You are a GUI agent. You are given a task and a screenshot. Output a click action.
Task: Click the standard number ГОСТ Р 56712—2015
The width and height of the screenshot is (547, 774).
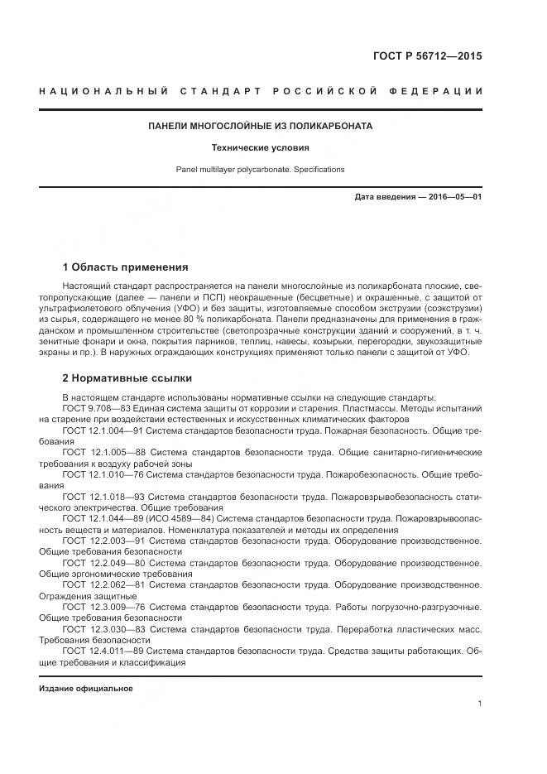click(428, 56)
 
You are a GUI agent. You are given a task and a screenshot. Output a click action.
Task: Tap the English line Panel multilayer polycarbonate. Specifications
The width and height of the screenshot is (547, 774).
click(260, 169)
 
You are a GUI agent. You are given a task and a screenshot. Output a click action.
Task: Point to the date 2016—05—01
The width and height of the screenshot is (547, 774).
click(453, 197)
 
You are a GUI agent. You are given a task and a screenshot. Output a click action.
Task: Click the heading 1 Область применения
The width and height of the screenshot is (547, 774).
click(126, 267)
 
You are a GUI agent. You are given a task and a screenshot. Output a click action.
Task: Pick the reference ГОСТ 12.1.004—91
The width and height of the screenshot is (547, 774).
click(104, 431)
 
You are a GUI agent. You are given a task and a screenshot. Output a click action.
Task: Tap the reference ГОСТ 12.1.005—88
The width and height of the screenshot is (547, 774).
click(104, 453)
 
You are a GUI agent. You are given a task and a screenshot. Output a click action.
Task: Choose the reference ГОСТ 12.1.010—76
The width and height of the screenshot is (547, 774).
click(104, 474)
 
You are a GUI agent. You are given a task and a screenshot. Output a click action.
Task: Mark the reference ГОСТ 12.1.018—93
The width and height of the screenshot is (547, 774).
click(104, 496)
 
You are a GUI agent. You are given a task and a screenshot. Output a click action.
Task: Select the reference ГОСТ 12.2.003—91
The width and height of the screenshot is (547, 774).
click(104, 540)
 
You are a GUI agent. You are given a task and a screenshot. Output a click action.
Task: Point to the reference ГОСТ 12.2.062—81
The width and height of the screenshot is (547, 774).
click(104, 584)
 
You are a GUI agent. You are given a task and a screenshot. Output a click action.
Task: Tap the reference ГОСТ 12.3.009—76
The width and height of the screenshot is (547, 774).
click(104, 605)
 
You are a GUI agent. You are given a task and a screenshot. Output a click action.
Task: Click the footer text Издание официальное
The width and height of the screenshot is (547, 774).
click(86, 689)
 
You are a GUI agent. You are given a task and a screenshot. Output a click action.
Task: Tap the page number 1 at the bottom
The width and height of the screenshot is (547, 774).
click(479, 704)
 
